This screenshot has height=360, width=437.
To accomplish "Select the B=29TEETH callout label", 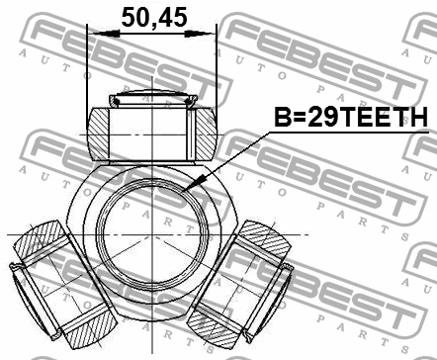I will [x=351, y=118].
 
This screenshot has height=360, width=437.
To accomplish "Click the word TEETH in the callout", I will [x=390, y=118].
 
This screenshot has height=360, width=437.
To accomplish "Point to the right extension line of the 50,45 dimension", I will [x=217, y=69].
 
